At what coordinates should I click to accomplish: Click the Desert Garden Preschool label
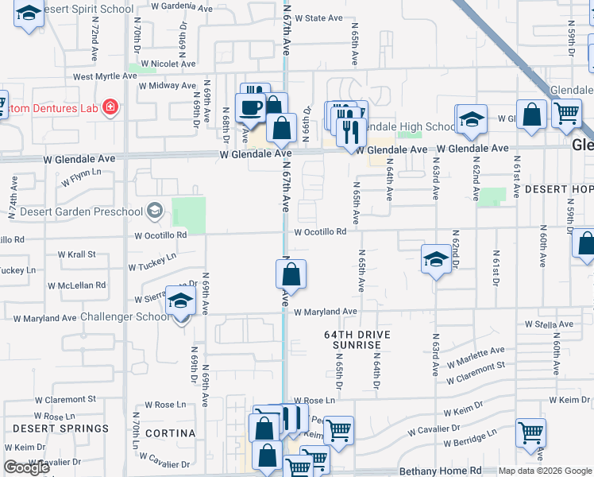tap(80, 211)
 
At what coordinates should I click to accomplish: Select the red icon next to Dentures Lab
tap(110, 107)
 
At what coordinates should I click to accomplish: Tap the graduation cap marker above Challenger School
tap(180, 302)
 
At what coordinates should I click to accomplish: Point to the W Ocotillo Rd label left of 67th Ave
tap(160, 235)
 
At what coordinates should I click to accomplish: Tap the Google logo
tap(26, 467)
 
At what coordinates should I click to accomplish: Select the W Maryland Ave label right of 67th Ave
tap(326, 312)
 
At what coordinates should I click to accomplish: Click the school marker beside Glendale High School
tap(472, 119)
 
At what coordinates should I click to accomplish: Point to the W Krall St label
tap(76, 254)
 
